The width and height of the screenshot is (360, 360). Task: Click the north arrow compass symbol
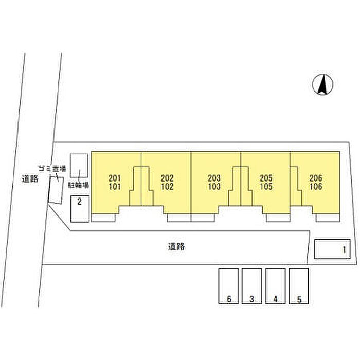[323, 85]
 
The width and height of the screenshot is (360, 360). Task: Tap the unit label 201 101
[115, 183]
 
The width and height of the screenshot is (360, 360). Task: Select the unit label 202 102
[167, 183]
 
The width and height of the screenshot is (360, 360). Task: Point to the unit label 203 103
[214, 183]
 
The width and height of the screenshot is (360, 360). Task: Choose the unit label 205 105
[266, 183]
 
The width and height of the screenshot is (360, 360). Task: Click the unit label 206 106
[316, 183]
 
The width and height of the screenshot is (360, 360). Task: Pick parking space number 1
[332, 250]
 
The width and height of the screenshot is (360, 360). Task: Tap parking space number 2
[80, 209]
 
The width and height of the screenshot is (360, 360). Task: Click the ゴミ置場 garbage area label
[52, 169]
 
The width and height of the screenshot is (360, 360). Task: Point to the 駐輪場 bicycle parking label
[79, 184]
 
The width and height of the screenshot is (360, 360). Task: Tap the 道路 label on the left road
[30, 179]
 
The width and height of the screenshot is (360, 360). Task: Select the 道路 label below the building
[176, 246]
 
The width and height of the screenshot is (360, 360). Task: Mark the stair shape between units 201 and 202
[141, 186]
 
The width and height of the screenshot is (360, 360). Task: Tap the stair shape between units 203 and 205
[241, 186]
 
